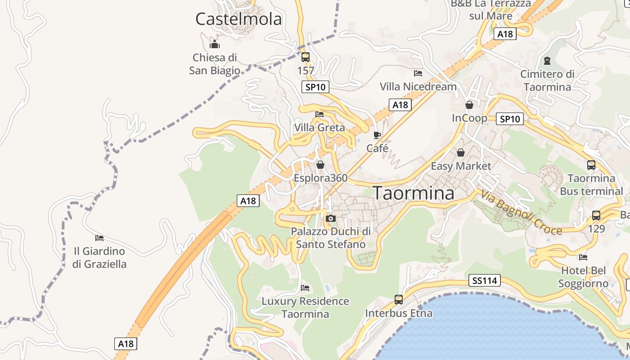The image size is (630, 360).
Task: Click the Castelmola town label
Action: (238, 19)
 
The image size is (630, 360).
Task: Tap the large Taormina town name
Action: (414, 193)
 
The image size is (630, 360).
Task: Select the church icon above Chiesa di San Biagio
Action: (215, 44)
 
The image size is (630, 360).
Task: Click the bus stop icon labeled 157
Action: (306, 57)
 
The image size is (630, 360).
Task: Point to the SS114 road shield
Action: (484, 281)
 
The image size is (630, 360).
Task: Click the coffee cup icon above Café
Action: (377, 135)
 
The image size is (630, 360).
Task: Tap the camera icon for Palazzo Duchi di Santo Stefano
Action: (331, 218)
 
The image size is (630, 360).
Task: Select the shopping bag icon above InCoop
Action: (469, 105)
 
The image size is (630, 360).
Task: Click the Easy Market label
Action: (461, 166)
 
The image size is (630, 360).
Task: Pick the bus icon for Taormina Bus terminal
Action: (591, 165)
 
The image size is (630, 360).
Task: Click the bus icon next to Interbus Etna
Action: (398, 299)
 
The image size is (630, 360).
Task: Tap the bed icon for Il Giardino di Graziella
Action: (99, 238)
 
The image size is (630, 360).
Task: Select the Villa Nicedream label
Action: (418, 86)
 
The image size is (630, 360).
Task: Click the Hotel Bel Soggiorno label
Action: (583, 277)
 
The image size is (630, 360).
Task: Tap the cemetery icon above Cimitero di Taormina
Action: (547, 60)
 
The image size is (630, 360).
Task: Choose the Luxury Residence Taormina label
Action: (305, 307)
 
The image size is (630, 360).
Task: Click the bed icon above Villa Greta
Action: (319, 114)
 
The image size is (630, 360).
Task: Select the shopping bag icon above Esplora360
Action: (320, 165)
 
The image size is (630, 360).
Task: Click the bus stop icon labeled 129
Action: (596, 216)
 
